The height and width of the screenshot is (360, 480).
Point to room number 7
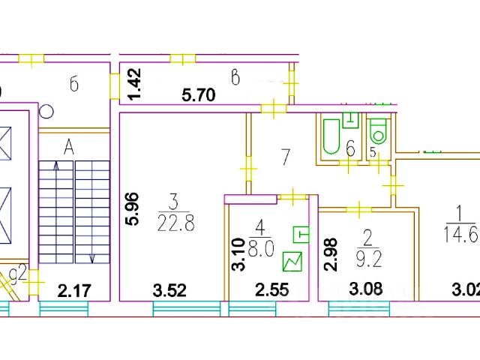pos(284,157)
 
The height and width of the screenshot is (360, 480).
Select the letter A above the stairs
pos(69,148)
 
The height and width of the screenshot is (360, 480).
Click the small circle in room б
pos(46,112)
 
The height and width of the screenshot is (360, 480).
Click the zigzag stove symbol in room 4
pos(293,261)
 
